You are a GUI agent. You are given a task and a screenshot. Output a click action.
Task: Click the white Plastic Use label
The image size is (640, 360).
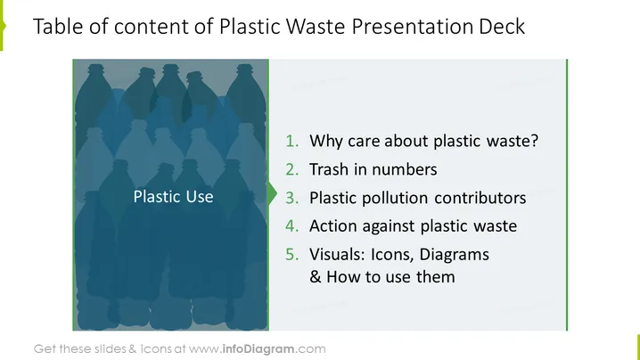point(174,197)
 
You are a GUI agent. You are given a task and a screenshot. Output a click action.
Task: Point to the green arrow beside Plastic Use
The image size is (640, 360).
point(273,193)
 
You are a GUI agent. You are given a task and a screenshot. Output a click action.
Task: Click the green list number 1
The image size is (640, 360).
point(291,141)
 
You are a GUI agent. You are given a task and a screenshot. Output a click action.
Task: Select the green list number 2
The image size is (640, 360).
point(291,169)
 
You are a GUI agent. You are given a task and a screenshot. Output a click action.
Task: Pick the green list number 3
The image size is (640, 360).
point(291,198)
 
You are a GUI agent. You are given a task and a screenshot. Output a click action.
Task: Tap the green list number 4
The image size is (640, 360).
point(291,226)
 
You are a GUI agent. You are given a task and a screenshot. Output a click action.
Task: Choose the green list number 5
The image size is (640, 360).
point(291,255)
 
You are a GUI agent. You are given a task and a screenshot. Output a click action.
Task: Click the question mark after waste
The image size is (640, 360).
point(534,141)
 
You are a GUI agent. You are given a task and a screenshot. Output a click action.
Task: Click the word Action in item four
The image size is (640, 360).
point(333,226)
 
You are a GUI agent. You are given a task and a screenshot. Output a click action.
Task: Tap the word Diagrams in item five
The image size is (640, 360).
point(455,255)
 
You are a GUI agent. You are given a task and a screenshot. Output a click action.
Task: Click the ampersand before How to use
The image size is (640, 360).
point(316,277)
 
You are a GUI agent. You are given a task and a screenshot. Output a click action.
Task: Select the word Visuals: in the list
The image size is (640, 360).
point(337,255)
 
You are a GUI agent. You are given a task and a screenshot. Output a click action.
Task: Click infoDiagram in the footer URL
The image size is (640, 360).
point(258,349)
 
